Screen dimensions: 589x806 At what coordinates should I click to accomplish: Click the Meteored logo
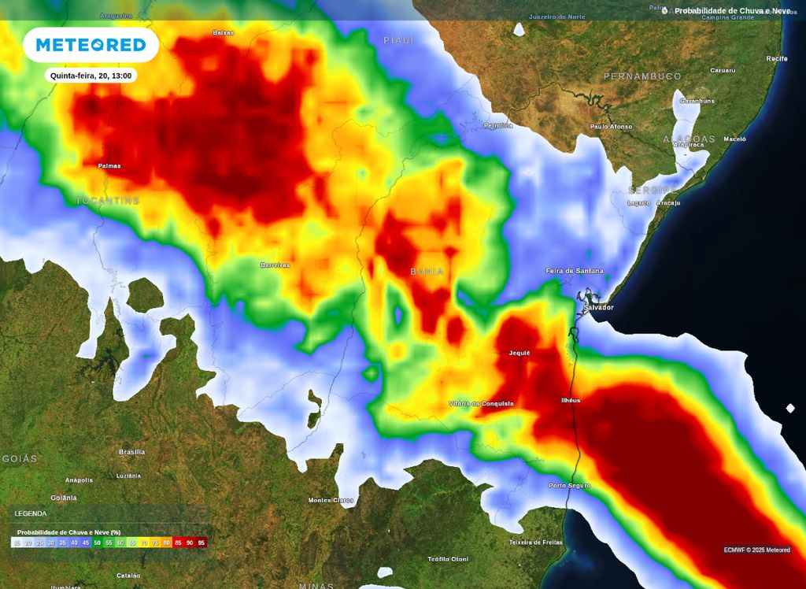(x=91, y=45)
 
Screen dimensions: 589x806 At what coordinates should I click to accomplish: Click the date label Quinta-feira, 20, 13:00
(x=91, y=76)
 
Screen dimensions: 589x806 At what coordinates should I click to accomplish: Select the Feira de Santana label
(x=575, y=271)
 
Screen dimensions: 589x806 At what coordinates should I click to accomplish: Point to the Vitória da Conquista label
(x=481, y=403)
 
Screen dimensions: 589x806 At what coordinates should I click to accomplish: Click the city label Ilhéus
(x=570, y=400)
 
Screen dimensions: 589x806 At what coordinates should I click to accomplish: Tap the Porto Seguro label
(x=569, y=485)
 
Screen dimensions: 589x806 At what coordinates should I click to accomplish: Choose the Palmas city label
(x=109, y=166)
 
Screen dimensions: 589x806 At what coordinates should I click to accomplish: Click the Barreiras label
(x=275, y=265)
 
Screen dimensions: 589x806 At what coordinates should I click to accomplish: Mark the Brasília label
(x=131, y=452)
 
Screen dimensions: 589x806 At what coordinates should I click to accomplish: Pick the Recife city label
(x=776, y=58)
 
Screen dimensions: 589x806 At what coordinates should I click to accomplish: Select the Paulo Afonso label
(x=611, y=126)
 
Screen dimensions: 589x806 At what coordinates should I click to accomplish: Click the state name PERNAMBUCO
(x=642, y=76)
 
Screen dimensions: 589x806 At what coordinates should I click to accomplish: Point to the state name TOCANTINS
(x=107, y=201)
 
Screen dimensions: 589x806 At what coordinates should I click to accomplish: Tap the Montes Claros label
(x=331, y=500)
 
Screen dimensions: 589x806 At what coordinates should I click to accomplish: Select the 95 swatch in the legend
(x=201, y=543)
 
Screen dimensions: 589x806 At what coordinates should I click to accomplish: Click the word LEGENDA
(x=31, y=513)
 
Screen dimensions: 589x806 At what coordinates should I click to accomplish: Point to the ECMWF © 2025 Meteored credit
(x=756, y=550)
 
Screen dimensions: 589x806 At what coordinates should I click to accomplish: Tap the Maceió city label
(x=734, y=139)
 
